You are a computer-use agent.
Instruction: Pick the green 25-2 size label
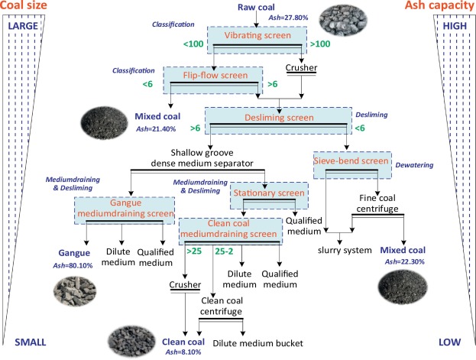point(224,248)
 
